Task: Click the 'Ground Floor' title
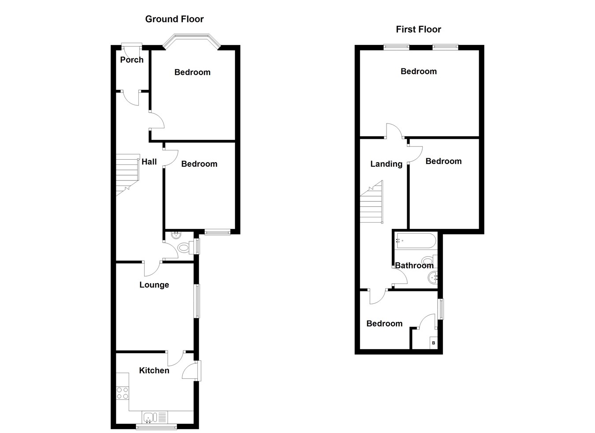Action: tap(175, 19)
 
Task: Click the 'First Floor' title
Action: tap(418, 30)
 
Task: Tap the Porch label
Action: tap(132, 60)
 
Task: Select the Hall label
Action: tap(149, 162)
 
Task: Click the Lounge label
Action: tap(154, 285)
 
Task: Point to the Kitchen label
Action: tap(154, 370)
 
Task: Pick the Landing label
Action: tap(386, 164)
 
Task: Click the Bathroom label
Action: tap(414, 265)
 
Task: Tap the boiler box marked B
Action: tap(434, 343)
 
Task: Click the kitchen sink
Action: tap(149, 417)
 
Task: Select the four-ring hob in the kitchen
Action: tap(123, 393)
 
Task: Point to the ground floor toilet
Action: tap(183, 249)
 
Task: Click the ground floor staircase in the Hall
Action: tap(128, 175)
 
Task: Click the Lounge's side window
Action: tap(197, 301)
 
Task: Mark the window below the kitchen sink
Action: tap(156, 426)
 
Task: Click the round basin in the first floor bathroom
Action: tap(432, 278)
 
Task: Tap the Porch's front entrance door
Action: tap(132, 44)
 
